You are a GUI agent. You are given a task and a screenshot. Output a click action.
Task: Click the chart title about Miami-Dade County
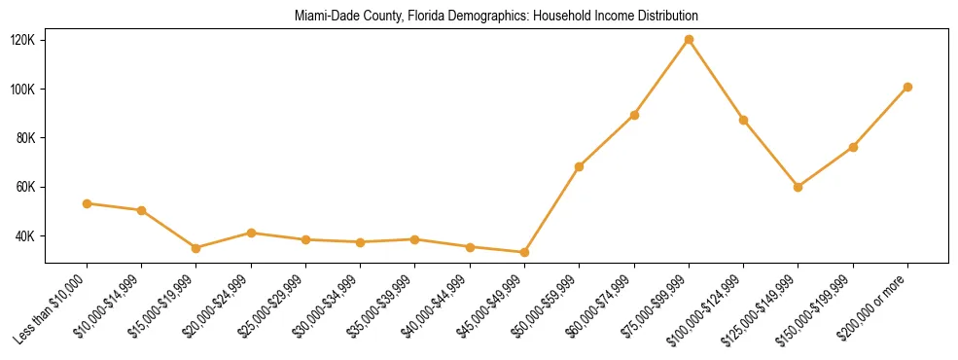496,17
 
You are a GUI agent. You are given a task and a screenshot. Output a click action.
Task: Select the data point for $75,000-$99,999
689,40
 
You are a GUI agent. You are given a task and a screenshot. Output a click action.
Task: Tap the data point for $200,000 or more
907,87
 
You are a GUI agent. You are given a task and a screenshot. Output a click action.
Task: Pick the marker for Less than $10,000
87,203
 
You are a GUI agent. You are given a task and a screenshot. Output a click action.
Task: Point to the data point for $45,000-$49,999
524,252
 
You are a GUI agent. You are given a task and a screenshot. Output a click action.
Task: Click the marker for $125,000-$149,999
798,187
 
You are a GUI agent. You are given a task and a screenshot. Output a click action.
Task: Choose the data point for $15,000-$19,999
196,248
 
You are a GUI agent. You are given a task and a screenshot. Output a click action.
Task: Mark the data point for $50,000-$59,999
580,166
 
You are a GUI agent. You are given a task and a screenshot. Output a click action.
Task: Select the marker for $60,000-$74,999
634,115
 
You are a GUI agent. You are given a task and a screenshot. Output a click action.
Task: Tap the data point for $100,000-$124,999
743,120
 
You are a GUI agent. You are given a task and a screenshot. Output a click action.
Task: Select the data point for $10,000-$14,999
142,210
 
